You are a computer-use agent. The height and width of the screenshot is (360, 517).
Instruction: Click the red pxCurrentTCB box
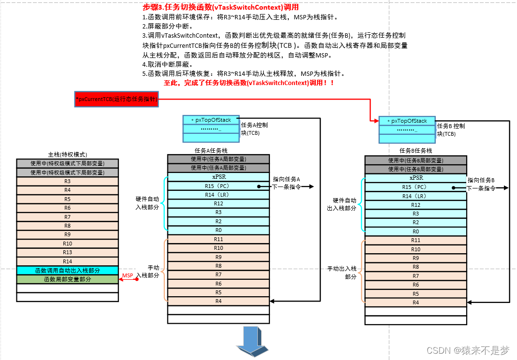(116, 99)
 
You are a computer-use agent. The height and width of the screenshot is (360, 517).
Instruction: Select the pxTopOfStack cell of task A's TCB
(211, 120)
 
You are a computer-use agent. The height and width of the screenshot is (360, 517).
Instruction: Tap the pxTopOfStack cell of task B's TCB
(407, 121)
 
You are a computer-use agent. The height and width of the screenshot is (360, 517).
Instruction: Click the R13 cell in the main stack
(67, 253)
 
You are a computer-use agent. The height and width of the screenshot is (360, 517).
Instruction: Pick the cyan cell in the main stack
(67, 271)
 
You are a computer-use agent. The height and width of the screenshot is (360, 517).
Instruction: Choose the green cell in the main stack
(67, 279)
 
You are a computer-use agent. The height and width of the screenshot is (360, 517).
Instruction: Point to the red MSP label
(127, 275)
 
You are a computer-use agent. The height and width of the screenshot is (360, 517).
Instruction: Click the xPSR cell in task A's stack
(219, 177)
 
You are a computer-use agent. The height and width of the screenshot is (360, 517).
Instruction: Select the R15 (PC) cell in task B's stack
(415, 187)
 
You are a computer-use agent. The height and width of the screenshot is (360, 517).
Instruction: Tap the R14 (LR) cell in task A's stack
(219, 195)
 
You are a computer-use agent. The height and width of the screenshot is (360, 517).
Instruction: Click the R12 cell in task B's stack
(415, 205)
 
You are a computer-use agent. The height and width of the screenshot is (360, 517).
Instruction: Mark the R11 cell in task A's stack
(219, 239)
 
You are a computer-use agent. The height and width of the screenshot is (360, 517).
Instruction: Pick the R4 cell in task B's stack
(415, 302)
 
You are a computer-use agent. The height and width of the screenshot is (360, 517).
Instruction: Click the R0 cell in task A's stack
(219, 230)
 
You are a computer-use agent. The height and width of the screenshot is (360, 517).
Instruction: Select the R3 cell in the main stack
(67, 181)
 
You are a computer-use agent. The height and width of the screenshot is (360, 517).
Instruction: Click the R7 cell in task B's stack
(415, 276)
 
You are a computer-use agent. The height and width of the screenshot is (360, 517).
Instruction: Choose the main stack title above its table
(68, 154)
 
